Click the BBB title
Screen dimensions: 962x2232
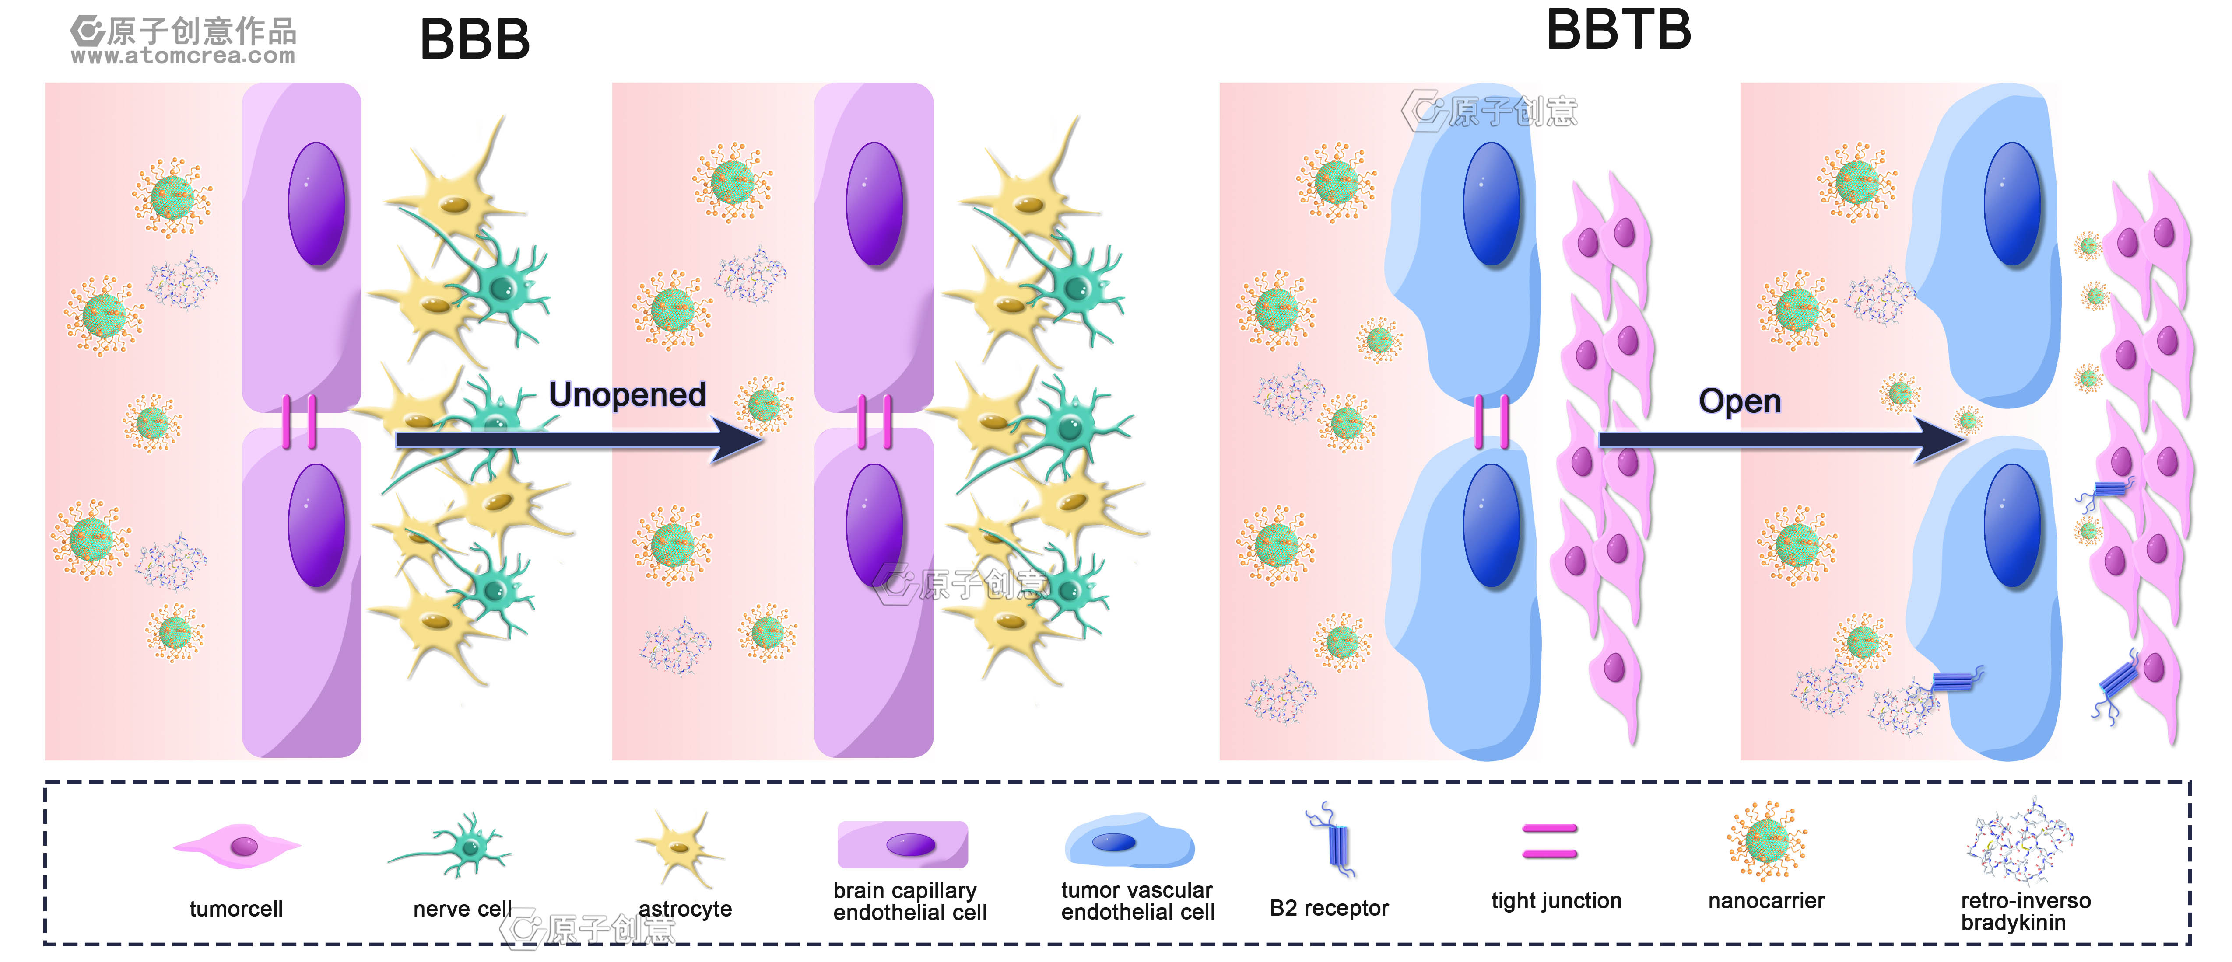pyautogui.click(x=475, y=40)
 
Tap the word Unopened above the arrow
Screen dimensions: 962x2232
pyautogui.click(x=627, y=395)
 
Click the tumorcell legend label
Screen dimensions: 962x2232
pyautogui.click(x=236, y=909)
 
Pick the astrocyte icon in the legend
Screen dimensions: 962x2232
pyautogui.click(x=680, y=847)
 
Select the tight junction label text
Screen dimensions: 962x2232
pyautogui.click(x=1556, y=901)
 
